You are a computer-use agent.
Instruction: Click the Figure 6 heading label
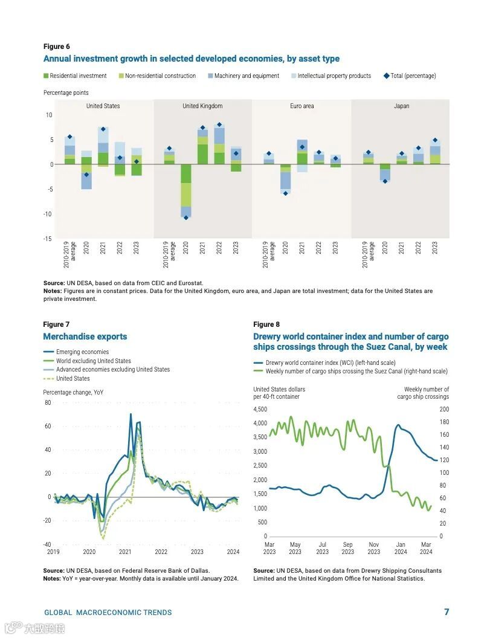(56, 47)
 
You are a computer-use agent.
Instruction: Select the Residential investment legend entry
(78, 76)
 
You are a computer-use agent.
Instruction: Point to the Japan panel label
(401, 106)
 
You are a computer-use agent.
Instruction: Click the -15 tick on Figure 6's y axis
(48, 239)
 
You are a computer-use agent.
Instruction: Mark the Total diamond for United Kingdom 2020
(186, 217)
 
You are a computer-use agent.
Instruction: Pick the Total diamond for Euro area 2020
(285, 193)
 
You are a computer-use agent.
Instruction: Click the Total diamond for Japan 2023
(435, 140)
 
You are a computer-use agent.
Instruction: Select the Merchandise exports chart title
(85, 337)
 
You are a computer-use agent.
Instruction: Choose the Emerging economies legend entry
(82, 352)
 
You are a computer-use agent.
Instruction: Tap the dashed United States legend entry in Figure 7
(72, 379)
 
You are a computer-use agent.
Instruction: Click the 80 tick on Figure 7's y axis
(48, 403)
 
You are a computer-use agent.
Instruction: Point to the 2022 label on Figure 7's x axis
(161, 552)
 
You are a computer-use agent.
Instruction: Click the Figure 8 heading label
(266, 324)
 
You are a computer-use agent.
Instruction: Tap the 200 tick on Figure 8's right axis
(444, 410)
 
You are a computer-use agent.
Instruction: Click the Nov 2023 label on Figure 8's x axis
(374, 548)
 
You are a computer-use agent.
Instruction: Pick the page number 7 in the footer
(446, 612)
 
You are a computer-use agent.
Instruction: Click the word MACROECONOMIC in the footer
(108, 613)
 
